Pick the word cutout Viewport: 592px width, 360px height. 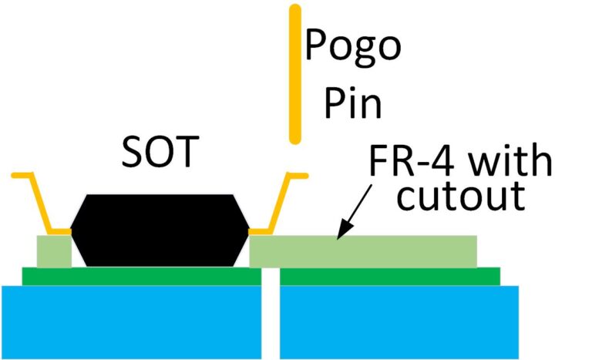(x=460, y=198)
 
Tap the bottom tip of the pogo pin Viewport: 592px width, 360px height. (x=294, y=140)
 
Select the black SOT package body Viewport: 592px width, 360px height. (x=160, y=230)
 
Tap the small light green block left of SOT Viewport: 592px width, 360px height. (x=53, y=251)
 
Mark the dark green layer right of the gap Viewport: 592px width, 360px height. (x=389, y=276)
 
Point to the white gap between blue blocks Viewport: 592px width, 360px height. (x=270, y=316)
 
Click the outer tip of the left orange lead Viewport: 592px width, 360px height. (x=15, y=176)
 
